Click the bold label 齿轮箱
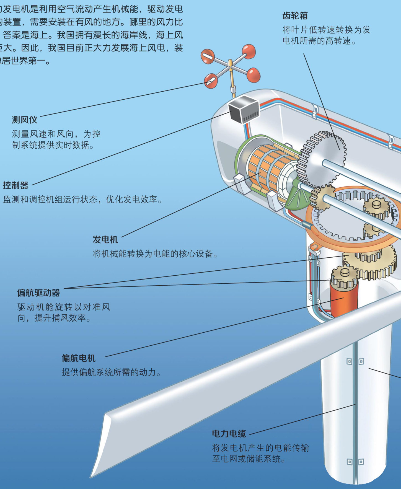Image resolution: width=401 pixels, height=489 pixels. coord(295,16)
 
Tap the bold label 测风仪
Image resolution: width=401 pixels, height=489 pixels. coord(24,120)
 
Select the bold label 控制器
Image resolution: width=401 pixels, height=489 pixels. coord(15,185)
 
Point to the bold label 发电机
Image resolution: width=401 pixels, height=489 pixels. coord(105,239)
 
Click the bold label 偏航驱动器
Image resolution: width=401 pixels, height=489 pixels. coord(38,293)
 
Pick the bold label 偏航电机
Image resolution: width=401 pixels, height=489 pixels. coord(78,358)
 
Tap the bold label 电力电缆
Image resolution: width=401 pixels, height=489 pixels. coord(229,433)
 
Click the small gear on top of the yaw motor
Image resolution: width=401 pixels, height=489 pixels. coord(345,275)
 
